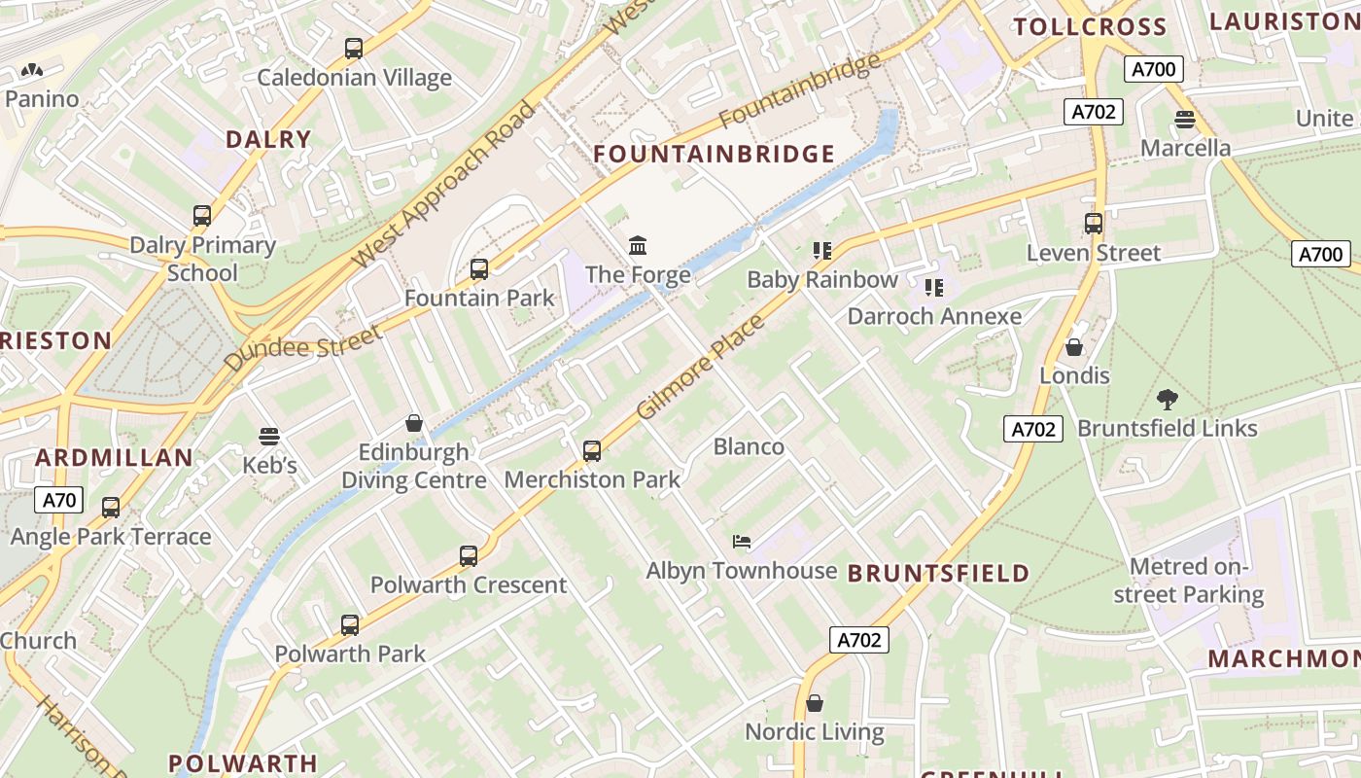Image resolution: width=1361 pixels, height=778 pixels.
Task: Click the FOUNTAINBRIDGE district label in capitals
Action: click(714, 154)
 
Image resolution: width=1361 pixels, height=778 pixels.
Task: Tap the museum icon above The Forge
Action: click(638, 245)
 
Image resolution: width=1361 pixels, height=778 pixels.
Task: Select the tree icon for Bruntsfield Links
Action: click(1167, 399)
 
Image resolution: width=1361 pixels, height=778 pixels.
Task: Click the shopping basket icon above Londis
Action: click(1074, 347)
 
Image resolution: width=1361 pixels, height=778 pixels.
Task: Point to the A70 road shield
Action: click(59, 501)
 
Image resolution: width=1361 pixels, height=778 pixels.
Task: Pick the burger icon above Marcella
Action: click(1184, 120)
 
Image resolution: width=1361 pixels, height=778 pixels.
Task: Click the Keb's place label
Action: click(269, 466)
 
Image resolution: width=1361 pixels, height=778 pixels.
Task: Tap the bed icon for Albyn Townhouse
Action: click(742, 542)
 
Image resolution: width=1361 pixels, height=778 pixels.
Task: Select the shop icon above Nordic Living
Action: click(815, 702)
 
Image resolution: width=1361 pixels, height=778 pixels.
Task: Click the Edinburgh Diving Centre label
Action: click(414, 467)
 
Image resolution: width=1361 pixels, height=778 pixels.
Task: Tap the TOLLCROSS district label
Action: click(1089, 27)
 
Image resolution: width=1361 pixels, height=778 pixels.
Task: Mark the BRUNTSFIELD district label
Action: click(938, 573)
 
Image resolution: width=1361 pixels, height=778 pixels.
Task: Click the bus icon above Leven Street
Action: click(1094, 224)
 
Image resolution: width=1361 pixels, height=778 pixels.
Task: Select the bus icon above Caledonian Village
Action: click(354, 49)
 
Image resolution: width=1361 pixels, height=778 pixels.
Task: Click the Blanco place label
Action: click(749, 446)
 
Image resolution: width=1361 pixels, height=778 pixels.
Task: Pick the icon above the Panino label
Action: click(32, 70)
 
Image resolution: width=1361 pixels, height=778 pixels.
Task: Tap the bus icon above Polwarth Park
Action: click(350, 625)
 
